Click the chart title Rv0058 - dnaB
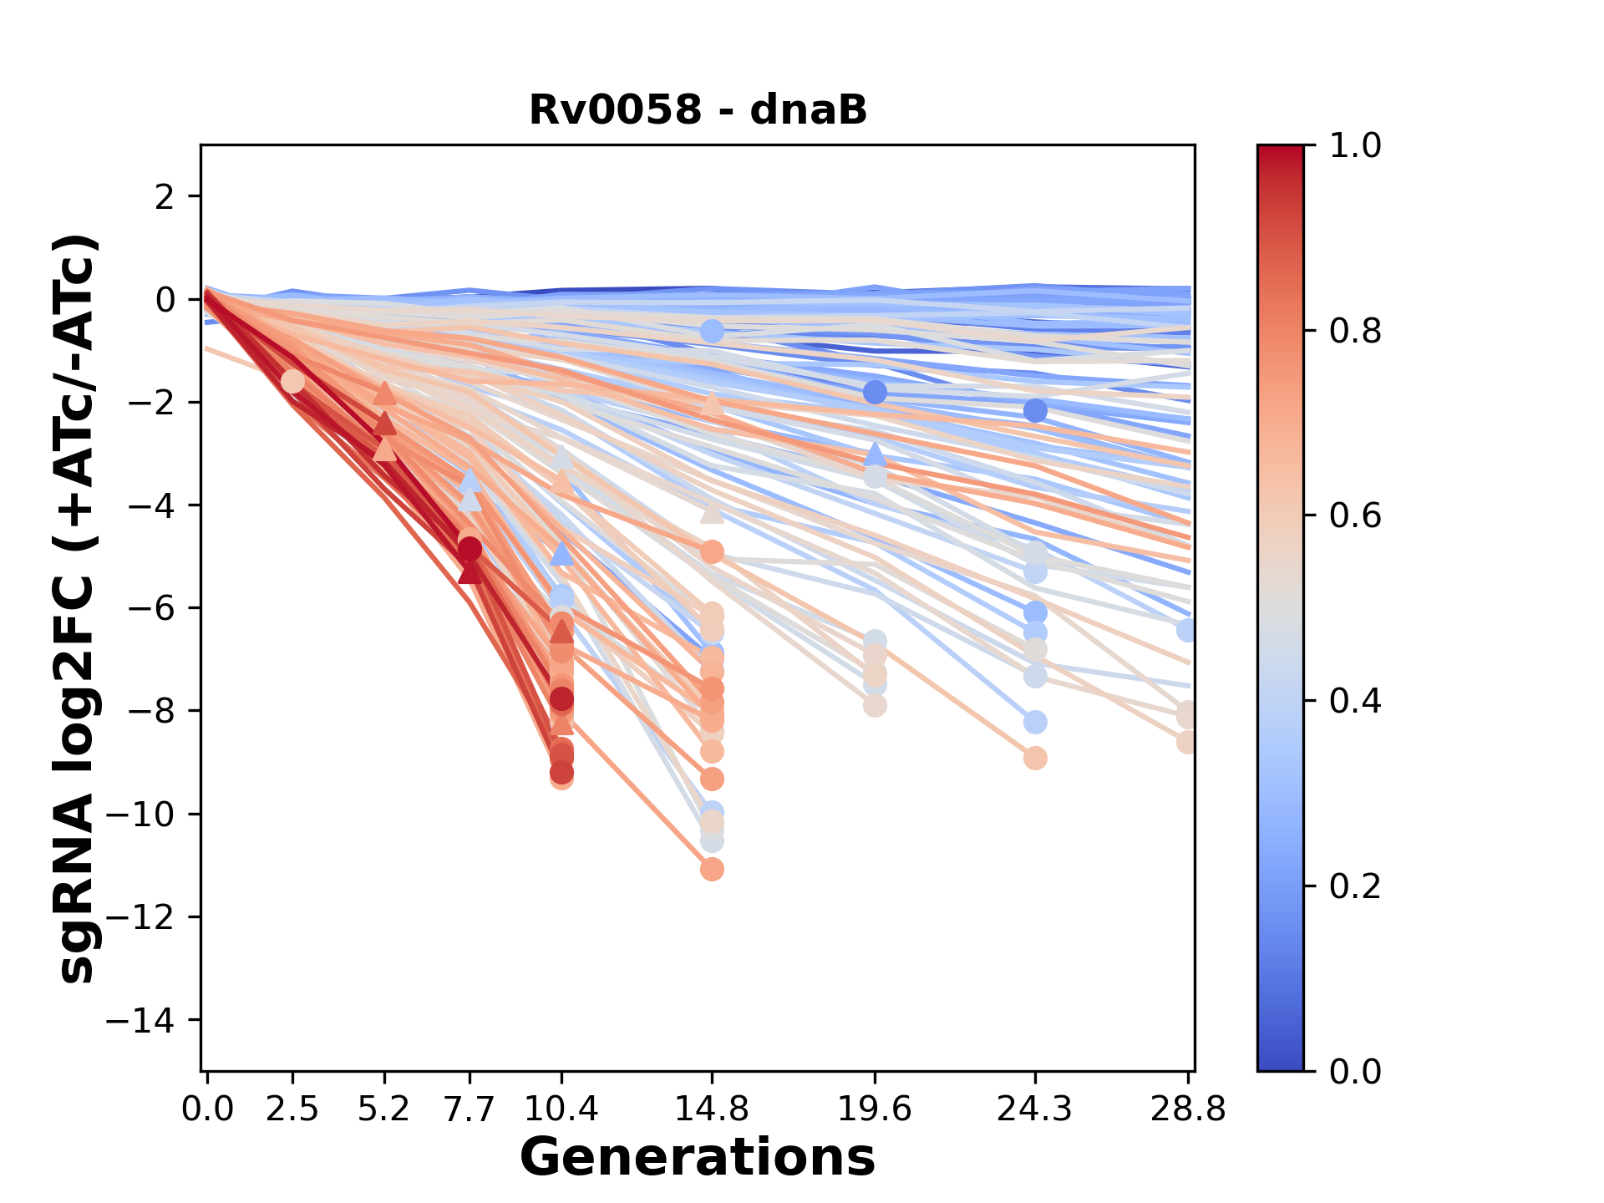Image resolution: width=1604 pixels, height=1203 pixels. pyautogui.click(x=698, y=110)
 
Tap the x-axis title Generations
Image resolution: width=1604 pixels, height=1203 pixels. pyautogui.click(x=698, y=1158)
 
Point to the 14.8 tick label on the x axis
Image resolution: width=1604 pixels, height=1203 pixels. pyautogui.click(x=712, y=1109)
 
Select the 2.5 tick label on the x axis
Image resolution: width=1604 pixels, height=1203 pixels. pyautogui.click(x=292, y=1109)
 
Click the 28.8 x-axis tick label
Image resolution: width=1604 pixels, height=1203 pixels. pyautogui.click(x=1188, y=1109)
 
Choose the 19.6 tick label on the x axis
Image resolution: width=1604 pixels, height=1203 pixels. pyautogui.click(x=875, y=1109)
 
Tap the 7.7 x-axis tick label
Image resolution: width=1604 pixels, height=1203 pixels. pyautogui.click(x=470, y=1109)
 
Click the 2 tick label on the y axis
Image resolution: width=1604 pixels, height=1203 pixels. pyautogui.click(x=166, y=196)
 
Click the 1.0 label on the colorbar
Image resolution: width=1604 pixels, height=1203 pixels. pyautogui.click(x=1355, y=145)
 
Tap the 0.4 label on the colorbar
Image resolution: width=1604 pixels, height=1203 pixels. pyautogui.click(x=1355, y=700)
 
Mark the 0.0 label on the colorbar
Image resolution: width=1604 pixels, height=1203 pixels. pyautogui.click(x=1355, y=1071)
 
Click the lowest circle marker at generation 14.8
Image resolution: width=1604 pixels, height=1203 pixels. pyautogui.click(x=712, y=870)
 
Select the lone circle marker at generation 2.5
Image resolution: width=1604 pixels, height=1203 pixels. pyautogui.click(x=292, y=381)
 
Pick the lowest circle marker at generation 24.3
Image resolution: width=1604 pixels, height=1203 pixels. pyautogui.click(x=1035, y=759)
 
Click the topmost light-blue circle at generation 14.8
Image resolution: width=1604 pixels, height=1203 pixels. pyautogui.click(x=712, y=332)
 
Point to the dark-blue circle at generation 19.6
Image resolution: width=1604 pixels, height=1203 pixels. pyautogui.click(x=875, y=392)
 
